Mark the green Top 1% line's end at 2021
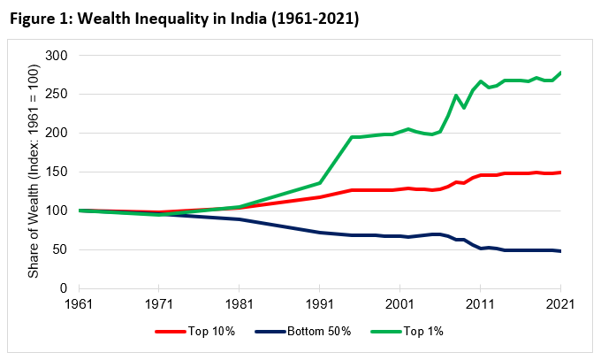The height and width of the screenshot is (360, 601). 559,73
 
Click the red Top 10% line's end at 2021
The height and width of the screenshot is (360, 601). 559,172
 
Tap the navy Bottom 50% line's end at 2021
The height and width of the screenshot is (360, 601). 559,251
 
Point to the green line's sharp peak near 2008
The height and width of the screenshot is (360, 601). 456,96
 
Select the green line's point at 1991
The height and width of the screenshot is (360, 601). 320,183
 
